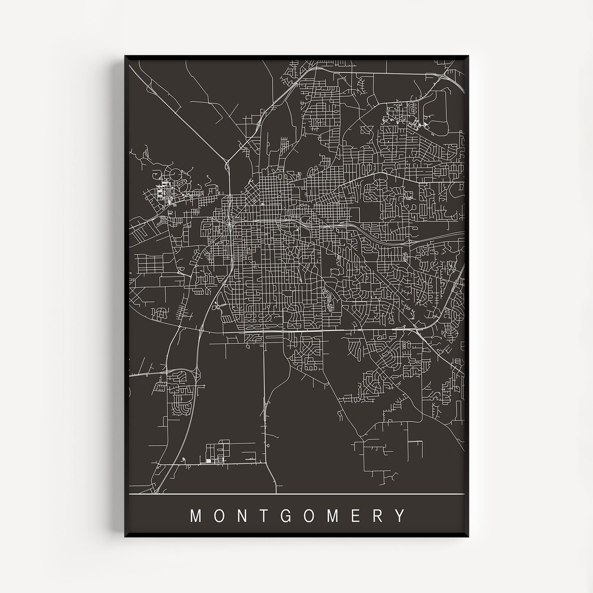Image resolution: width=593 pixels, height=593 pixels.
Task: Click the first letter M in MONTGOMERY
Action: pos(195,516)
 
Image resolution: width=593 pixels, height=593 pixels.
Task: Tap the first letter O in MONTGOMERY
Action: pos(219,516)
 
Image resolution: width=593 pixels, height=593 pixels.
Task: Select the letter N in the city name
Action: pos(242,516)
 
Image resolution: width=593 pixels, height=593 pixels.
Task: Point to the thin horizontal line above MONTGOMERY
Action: pos(296,495)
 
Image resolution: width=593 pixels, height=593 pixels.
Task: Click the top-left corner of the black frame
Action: pos(125,55)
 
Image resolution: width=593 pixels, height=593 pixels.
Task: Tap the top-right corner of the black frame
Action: pos(468,55)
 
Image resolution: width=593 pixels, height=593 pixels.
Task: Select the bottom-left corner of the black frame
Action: pos(125,537)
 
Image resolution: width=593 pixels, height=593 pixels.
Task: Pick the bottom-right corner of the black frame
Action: pos(468,537)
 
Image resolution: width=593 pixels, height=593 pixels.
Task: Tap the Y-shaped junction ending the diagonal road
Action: pos(226,162)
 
